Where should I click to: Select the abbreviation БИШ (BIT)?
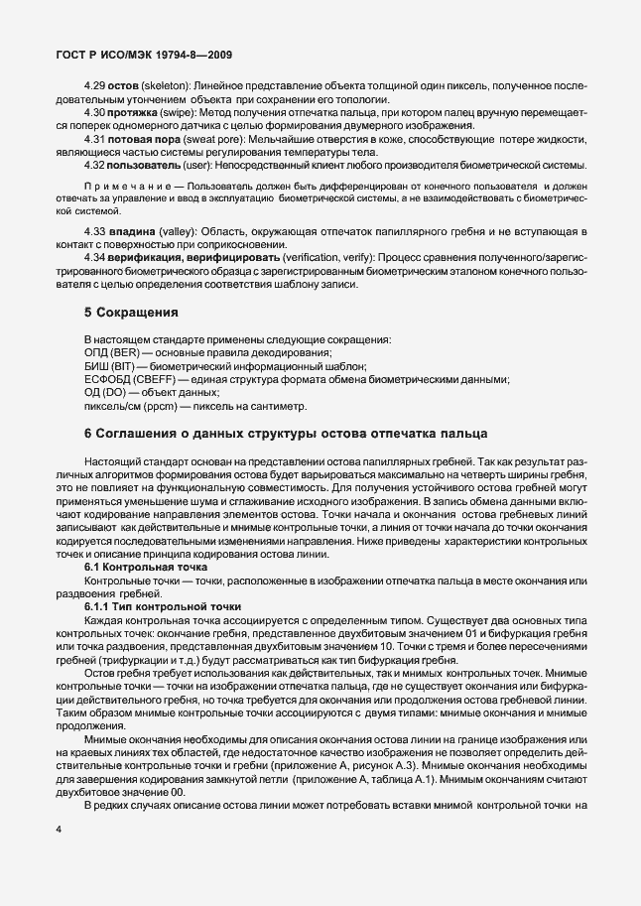111,366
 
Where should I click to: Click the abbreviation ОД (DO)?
107,392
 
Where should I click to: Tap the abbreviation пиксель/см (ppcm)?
130,406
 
